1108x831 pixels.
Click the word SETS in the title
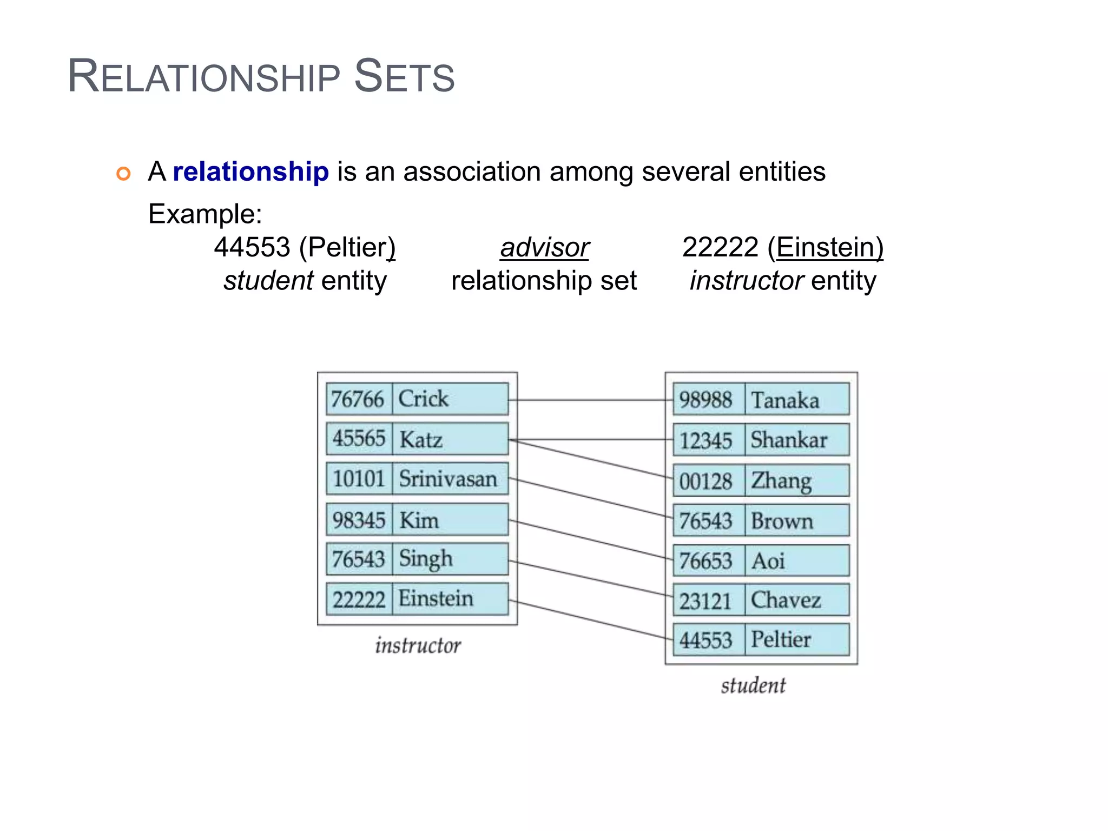tap(404, 76)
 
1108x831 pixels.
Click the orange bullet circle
tap(124, 174)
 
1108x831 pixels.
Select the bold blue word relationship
tap(250, 172)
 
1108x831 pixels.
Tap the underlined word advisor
tap(544, 248)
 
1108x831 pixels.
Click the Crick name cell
tap(450, 399)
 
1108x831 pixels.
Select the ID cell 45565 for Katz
tap(359, 439)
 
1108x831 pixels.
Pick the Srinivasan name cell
tap(450, 479)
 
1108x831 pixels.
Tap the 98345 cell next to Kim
tap(359, 520)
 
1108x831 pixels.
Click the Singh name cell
tap(450, 559)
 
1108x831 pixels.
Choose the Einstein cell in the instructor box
tap(450, 599)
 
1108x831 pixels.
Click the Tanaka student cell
tap(796, 400)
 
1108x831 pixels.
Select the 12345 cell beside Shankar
tap(706, 440)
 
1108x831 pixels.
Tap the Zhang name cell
tap(796, 480)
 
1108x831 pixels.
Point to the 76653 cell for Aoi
tap(706, 560)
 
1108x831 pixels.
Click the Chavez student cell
tap(796, 600)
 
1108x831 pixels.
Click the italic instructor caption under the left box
tap(418, 645)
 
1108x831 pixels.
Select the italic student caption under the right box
tap(753, 685)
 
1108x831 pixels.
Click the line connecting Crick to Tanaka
tap(590, 400)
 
